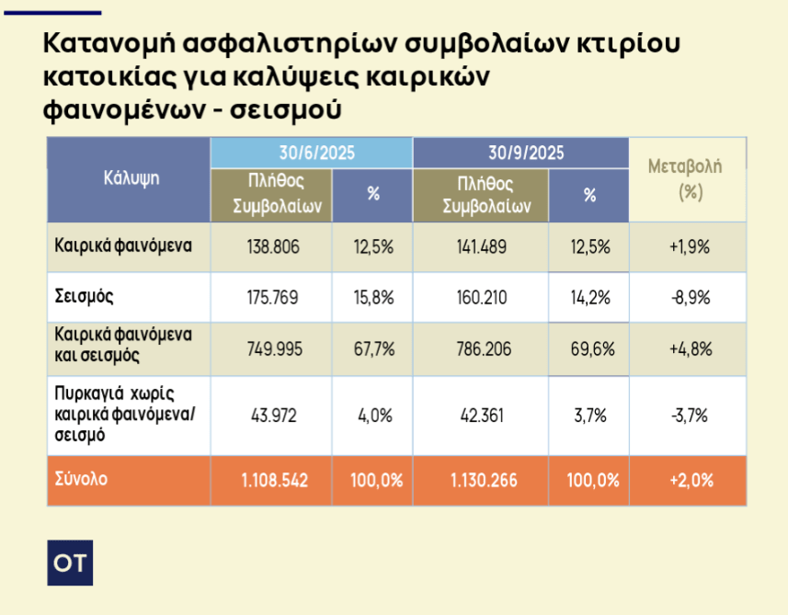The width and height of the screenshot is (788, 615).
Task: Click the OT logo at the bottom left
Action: tap(70, 563)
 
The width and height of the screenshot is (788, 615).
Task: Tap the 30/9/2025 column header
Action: tap(520, 153)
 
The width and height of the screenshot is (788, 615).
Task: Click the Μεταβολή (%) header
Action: tap(686, 179)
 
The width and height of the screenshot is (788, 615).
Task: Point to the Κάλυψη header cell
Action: tap(131, 178)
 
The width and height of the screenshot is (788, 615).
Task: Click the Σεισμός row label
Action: tap(84, 297)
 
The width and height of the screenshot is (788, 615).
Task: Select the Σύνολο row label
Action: tap(81, 479)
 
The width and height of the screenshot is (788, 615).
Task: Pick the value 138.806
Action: tap(271, 246)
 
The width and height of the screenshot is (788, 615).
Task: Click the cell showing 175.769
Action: tap(271, 297)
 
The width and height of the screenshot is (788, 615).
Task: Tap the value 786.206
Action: tap(479, 348)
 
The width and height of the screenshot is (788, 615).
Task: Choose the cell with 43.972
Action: tap(271, 415)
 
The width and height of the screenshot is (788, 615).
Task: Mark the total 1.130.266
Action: tap(479, 480)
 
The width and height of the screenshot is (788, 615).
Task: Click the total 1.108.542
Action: tap(271, 480)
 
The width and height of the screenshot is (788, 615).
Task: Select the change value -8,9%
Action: tap(686, 297)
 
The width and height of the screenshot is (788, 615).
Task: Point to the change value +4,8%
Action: tap(686, 348)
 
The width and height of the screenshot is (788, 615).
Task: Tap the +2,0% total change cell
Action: tap(686, 480)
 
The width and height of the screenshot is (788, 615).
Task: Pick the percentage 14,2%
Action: tap(588, 297)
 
